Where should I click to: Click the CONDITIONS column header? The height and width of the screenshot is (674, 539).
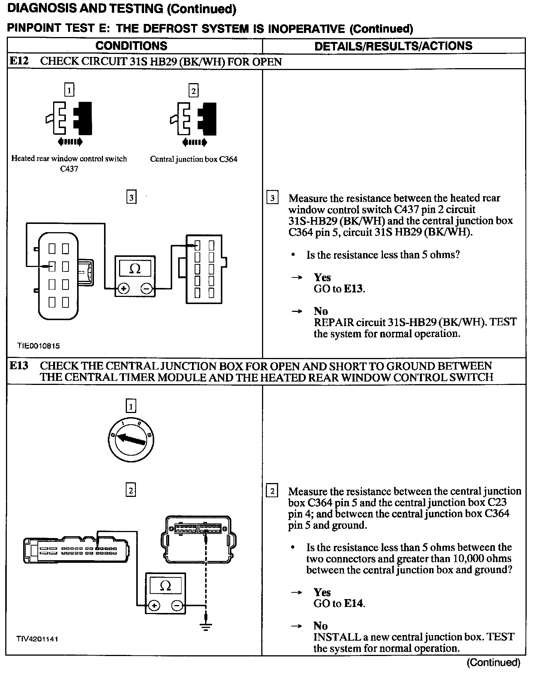pyautogui.click(x=131, y=46)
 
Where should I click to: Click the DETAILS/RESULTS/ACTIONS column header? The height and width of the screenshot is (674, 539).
pyautogui.click(x=393, y=46)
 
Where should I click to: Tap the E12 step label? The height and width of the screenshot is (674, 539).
pyautogui.click(x=19, y=61)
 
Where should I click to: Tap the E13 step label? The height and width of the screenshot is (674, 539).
pyautogui.click(x=19, y=365)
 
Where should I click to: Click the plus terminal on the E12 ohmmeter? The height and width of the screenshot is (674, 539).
pyautogui.click(x=123, y=288)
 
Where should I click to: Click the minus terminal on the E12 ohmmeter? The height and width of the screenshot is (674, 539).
pyautogui.click(x=147, y=288)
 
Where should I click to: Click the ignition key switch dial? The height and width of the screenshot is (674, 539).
pyautogui.click(x=131, y=440)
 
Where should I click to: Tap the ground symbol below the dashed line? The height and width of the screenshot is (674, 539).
pyautogui.click(x=205, y=626)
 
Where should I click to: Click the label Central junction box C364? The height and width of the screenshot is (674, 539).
pyautogui.click(x=194, y=159)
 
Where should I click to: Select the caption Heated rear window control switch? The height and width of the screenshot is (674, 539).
pyautogui.click(x=69, y=159)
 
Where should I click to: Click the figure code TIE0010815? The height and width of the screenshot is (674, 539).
pyautogui.click(x=38, y=346)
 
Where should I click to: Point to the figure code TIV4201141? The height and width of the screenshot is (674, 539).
pyautogui.click(x=37, y=639)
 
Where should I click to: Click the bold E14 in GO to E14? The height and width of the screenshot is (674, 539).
pyautogui.click(x=354, y=603)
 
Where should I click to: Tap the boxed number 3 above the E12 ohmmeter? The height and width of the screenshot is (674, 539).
pyautogui.click(x=131, y=197)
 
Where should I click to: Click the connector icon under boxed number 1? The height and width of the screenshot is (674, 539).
pyautogui.click(x=68, y=118)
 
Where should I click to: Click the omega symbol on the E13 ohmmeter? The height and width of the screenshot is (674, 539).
pyautogui.click(x=165, y=585)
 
